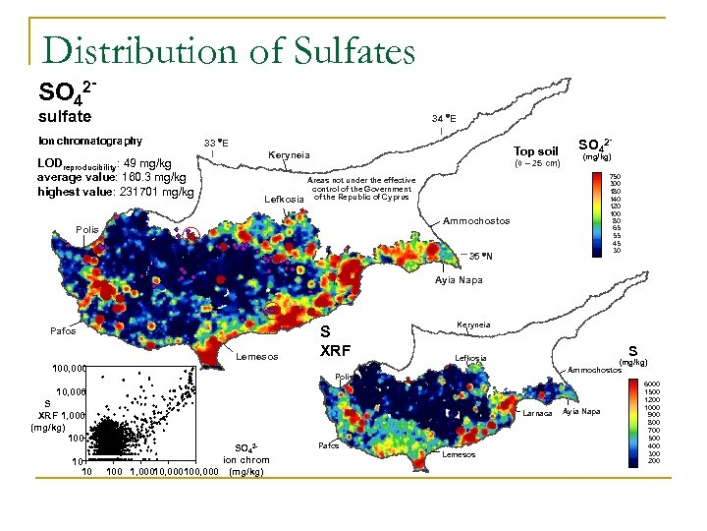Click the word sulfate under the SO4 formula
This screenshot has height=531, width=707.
click(65, 117)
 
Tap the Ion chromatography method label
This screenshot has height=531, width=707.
click(90, 141)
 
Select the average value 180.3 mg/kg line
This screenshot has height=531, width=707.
click(111, 177)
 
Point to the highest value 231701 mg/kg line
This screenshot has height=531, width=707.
click(115, 192)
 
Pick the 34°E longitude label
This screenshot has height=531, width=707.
click(444, 118)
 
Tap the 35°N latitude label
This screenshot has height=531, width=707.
click(479, 257)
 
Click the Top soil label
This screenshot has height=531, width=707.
click(536, 151)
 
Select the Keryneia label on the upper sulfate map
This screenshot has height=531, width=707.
click(289, 155)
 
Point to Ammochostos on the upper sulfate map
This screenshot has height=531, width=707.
click(477, 221)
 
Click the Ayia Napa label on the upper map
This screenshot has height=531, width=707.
click(458, 280)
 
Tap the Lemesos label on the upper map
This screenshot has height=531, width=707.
click(258, 357)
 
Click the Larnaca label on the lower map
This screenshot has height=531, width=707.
click(536, 412)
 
